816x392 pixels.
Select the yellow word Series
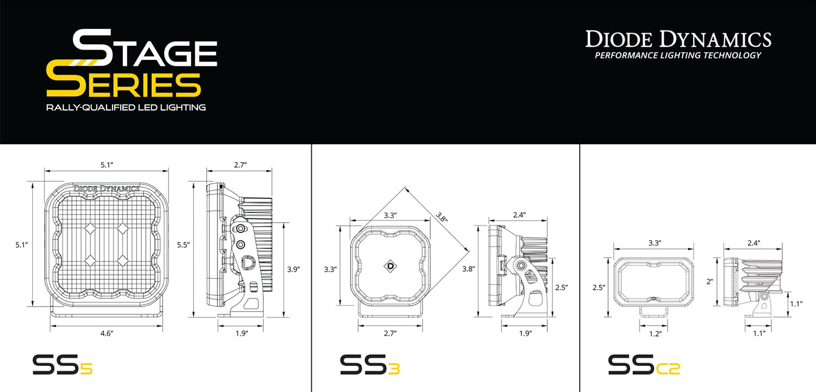click(123, 84)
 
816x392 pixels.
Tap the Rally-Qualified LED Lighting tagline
click(126, 108)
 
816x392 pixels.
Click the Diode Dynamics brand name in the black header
click(678, 40)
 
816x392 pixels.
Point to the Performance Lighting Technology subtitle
click(678, 56)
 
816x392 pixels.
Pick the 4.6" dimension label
click(106, 334)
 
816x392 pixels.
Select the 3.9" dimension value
click(294, 269)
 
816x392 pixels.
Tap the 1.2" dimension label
click(654, 334)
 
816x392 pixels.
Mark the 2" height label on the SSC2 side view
click(710, 282)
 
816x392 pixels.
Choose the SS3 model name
click(370, 364)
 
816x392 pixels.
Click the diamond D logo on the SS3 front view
click(391, 266)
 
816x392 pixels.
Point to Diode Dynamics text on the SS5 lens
click(106, 188)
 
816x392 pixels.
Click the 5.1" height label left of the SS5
click(22, 246)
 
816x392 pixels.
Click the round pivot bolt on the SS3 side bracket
click(521, 266)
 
